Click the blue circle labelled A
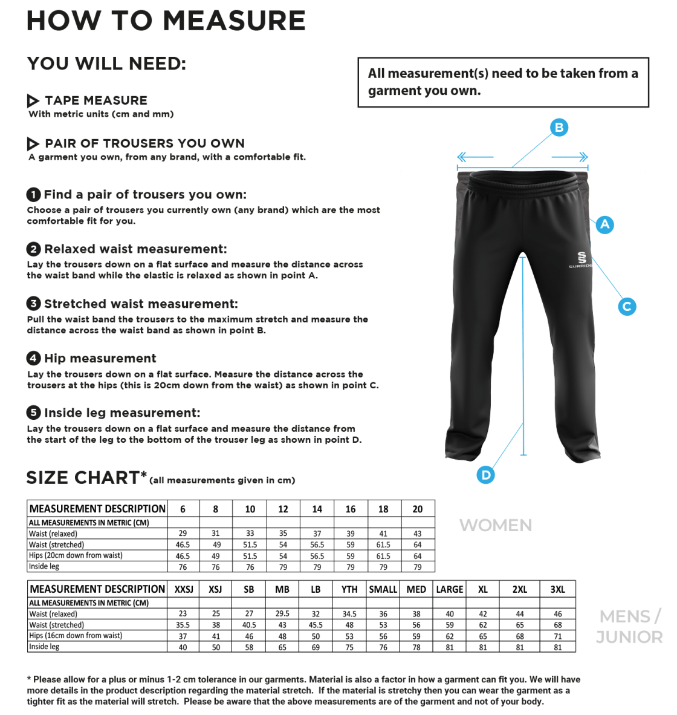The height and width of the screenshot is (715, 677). click(604, 224)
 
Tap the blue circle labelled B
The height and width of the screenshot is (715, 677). click(559, 128)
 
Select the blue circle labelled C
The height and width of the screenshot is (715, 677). click(627, 306)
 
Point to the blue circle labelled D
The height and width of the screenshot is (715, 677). click(485, 475)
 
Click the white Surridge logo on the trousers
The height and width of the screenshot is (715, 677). click(581, 259)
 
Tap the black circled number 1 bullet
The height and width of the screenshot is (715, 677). click(34, 194)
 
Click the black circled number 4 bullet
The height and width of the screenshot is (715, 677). click(34, 358)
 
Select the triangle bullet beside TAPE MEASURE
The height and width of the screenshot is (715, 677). click(33, 100)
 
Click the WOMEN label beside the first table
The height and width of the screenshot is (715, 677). click(496, 525)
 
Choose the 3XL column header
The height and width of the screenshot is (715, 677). click(557, 589)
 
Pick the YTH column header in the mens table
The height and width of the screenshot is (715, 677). click(349, 589)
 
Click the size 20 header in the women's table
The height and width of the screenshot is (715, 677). click(418, 509)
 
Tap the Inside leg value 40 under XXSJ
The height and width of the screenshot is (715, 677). click(183, 647)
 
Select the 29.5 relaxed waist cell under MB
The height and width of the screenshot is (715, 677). click(282, 614)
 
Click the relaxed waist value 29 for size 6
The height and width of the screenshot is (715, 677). click(183, 534)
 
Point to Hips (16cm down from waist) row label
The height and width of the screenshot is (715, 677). click(76, 636)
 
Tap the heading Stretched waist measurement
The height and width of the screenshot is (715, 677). click(141, 304)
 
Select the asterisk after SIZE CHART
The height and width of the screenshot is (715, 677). click(144, 474)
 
